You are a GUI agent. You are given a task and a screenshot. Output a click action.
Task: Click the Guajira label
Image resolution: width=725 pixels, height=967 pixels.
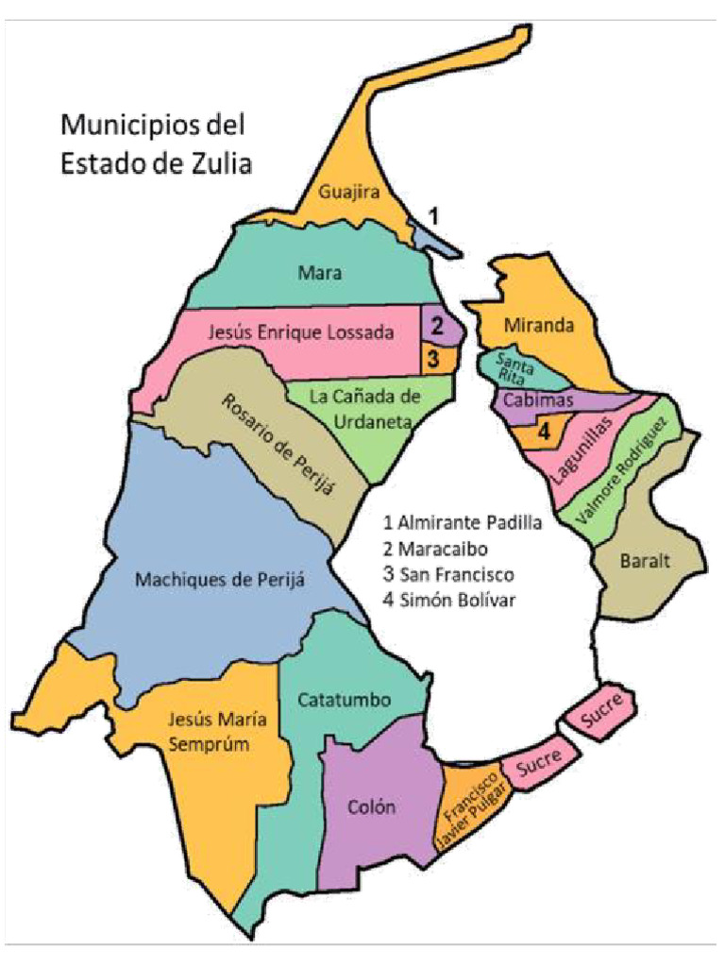pyautogui.click(x=349, y=192)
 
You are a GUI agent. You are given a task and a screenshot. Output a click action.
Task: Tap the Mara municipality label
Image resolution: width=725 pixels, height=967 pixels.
pyautogui.click(x=320, y=274)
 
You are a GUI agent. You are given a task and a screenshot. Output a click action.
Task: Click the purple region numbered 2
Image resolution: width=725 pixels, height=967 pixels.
pyautogui.click(x=437, y=327)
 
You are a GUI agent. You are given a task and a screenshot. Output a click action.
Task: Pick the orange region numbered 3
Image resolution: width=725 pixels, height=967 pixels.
pyautogui.click(x=433, y=359)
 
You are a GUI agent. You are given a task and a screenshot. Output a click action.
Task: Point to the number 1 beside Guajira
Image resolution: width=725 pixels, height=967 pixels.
pyautogui.click(x=433, y=216)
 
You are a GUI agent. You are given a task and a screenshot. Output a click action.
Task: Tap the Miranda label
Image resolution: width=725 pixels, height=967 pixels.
pyautogui.click(x=538, y=325)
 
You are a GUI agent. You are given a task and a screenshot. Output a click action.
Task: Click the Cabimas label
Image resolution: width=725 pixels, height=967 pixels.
pyautogui.click(x=532, y=400)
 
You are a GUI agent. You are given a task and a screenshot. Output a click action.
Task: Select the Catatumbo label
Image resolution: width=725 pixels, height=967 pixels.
pyautogui.click(x=346, y=700)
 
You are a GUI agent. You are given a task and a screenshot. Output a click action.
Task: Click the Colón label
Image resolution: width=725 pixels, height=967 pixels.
pyautogui.click(x=371, y=807)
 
